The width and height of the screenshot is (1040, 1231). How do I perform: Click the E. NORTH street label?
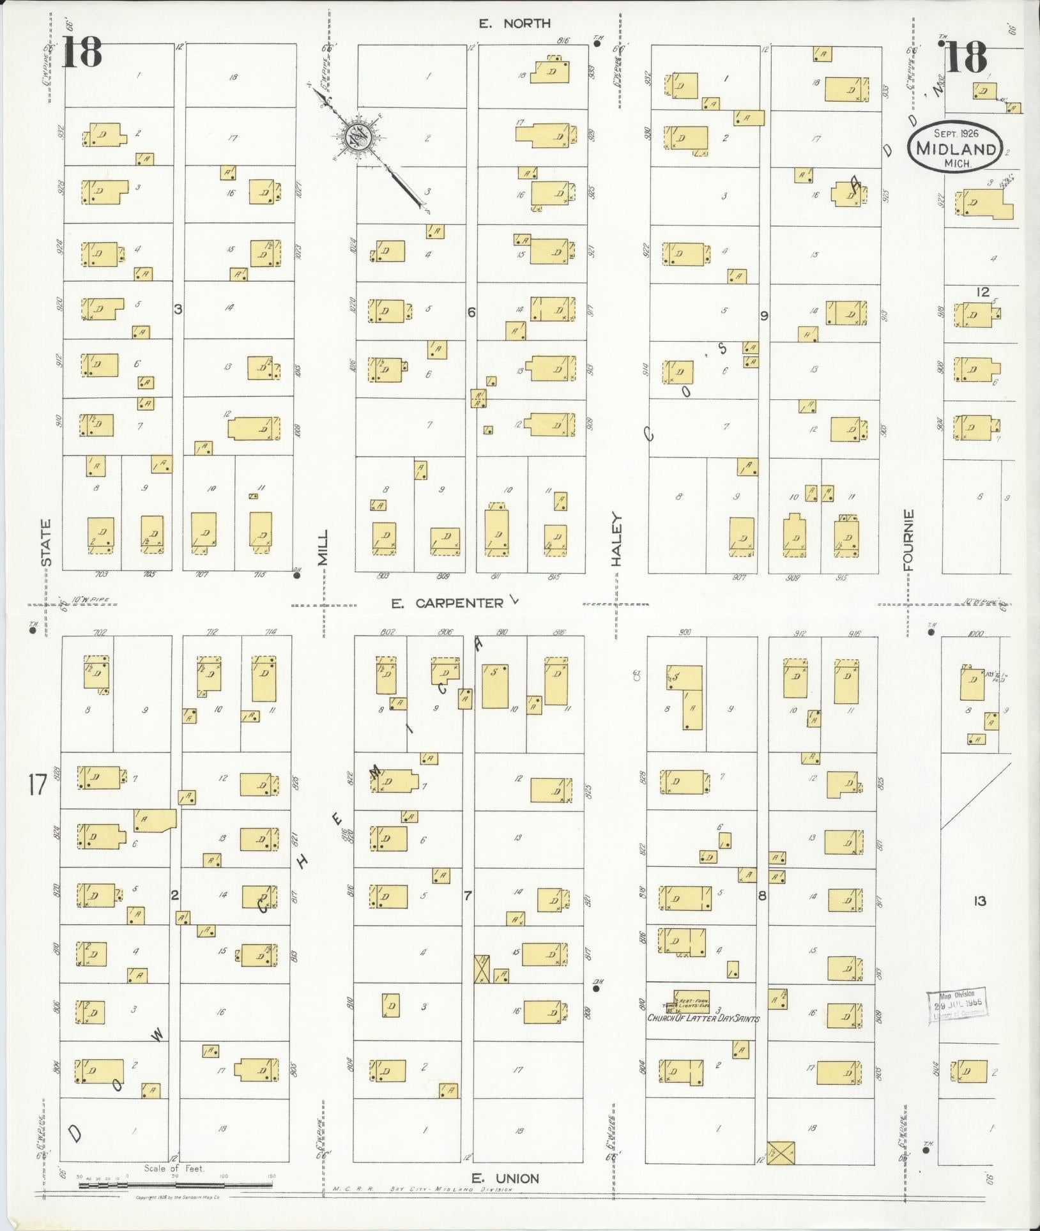coord(515,24)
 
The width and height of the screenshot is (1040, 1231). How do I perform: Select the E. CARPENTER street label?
coord(447,603)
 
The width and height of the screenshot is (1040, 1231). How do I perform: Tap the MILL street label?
coord(323,547)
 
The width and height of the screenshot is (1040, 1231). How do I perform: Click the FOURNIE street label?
coord(909,539)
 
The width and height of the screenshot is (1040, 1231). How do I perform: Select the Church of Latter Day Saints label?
coord(703,1018)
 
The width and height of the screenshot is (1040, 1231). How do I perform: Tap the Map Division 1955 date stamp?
coord(956,1007)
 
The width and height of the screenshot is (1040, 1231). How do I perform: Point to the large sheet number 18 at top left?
coord(82,52)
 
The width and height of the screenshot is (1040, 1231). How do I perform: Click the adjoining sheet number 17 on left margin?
coord(38,784)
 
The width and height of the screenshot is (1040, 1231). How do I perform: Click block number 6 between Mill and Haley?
coord(471,312)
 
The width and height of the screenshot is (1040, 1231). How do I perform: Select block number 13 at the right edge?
coord(979,901)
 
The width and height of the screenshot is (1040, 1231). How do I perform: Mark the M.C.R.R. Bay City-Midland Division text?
coord(424,1189)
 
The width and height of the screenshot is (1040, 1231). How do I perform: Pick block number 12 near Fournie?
coord(982,292)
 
